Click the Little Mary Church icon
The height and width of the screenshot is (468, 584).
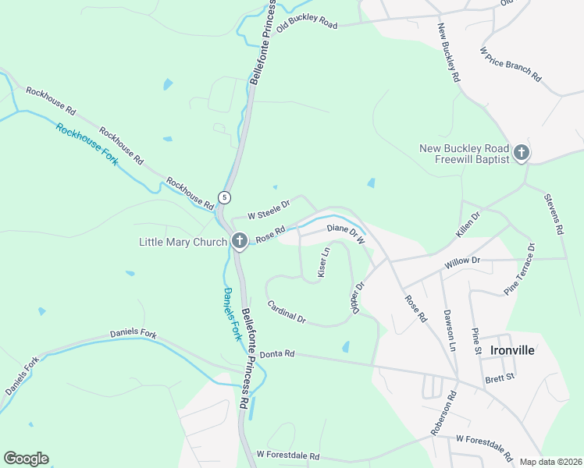pos(240,242)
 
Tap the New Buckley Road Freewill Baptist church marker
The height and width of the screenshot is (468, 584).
pos(521,154)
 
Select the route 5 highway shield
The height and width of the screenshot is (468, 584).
pos(224,197)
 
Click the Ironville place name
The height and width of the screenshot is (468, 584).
pos(512,350)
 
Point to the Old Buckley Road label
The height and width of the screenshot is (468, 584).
pos(307,22)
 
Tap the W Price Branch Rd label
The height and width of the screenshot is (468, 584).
pos(510,64)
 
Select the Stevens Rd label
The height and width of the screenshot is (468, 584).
pos(554,214)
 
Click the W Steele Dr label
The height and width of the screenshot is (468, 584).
pos(269,208)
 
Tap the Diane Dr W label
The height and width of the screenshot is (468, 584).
pos(346,234)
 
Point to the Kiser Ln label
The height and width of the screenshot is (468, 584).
pos(323,263)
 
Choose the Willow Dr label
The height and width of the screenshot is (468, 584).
pos(461,264)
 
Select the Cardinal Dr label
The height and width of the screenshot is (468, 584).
pos(286,312)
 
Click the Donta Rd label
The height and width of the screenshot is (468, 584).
pos(277,353)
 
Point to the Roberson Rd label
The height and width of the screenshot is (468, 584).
pos(441,419)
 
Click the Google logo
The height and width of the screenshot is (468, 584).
pos(26,459)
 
